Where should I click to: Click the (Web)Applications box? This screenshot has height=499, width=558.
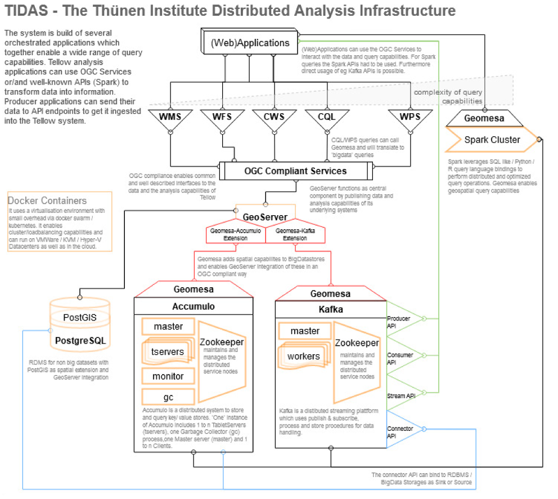click(250, 43)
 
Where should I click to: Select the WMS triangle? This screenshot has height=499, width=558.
click(170, 118)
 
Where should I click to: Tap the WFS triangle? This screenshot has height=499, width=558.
click(222, 118)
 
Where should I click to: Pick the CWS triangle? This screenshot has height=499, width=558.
click(274, 118)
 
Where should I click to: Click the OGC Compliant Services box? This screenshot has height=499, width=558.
click(295, 171)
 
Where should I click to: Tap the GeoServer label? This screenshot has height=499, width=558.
click(265, 216)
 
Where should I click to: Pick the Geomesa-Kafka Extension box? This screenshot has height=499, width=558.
click(295, 234)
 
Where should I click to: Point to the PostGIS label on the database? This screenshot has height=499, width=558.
click(79, 317)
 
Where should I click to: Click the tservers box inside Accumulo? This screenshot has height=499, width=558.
click(168, 351)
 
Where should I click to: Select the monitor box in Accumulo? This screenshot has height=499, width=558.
click(168, 376)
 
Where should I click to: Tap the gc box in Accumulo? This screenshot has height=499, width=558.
click(168, 396)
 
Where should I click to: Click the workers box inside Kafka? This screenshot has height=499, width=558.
click(304, 356)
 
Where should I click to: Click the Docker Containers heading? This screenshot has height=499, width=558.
click(47, 201)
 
